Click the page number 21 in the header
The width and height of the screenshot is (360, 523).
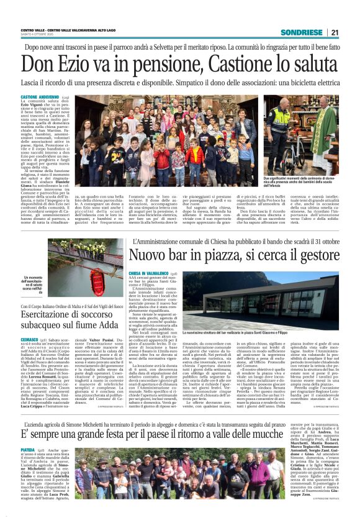(335, 32)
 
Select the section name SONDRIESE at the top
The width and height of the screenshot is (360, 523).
(302, 32)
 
